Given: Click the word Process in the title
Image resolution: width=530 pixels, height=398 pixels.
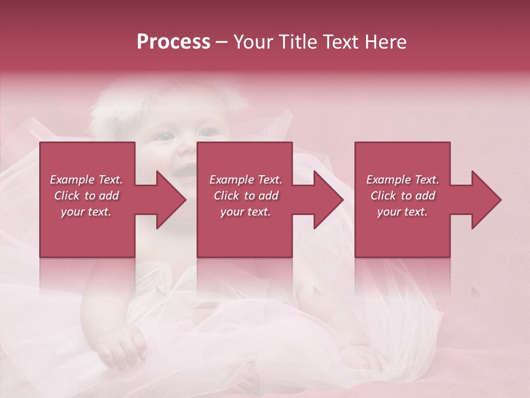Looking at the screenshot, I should [x=173, y=42].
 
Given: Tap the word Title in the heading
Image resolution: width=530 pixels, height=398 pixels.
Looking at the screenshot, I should [x=298, y=42].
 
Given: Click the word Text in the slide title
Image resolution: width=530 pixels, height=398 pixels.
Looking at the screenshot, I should [x=341, y=42].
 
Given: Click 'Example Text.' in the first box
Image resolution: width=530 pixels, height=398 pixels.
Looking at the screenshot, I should [x=87, y=180].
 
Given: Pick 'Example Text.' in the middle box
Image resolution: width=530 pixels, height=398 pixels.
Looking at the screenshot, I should [x=246, y=180].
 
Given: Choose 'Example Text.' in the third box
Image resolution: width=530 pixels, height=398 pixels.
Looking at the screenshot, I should [x=402, y=180].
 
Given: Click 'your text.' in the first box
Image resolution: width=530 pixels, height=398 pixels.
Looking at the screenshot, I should [x=86, y=212].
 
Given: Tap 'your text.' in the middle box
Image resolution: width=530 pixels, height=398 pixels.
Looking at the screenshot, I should [x=245, y=212].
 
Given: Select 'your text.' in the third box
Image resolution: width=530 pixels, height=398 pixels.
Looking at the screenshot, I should [x=402, y=212].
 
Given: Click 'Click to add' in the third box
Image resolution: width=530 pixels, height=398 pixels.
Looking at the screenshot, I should [x=402, y=196].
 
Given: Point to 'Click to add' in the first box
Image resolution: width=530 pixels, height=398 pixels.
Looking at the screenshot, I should [x=87, y=196].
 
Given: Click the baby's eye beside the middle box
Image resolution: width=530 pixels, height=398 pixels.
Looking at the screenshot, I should [x=208, y=133].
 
